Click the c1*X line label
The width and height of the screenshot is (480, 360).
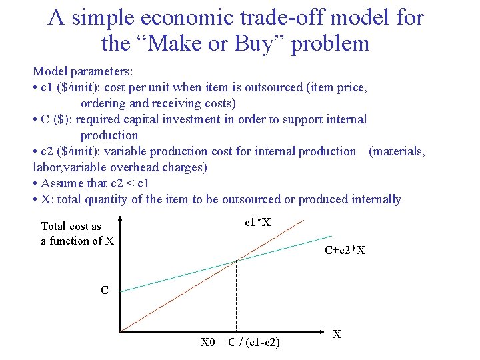click(257, 222)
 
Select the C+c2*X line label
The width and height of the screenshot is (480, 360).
click(345, 251)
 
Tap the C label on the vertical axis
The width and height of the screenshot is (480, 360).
click(105, 290)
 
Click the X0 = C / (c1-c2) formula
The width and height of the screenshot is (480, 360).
click(240, 343)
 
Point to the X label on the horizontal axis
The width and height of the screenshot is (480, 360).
click(337, 334)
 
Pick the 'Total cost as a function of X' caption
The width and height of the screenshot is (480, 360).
click(77, 233)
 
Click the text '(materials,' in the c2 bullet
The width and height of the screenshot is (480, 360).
click(397, 151)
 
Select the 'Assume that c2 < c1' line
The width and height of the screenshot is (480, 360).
click(95, 183)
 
